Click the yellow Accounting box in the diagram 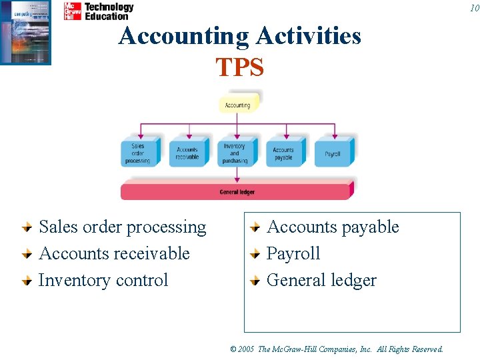(x=237, y=105)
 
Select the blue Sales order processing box (x=138, y=153)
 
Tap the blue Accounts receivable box (x=187, y=153)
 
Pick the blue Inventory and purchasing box (x=235, y=153)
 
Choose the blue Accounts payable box (x=283, y=153)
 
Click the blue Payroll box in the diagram (x=332, y=153)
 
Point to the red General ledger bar (x=237, y=192)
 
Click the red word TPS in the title (x=240, y=67)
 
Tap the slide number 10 (x=473, y=7)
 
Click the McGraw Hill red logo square (x=72, y=11)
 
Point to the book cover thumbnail (x=25, y=32)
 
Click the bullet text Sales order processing (x=123, y=227)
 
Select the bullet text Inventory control (x=103, y=281)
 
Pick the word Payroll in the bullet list (x=293, y=254)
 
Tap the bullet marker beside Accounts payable (x=254, y=228)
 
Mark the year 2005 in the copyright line (x=246, y=349)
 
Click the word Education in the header (x=106, y=16)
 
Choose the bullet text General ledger (x=321, y=281)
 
